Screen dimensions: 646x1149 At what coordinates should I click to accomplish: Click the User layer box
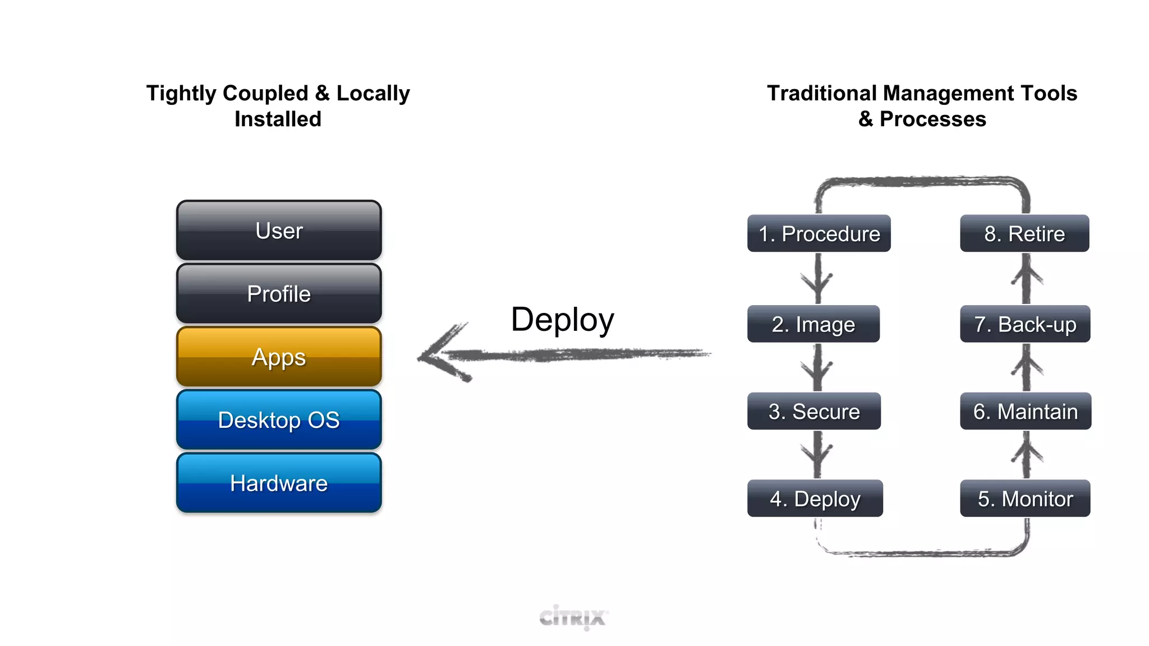(279, 230)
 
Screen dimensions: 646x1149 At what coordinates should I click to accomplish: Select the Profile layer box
(279, 294)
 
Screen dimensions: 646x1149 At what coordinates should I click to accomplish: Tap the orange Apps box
(279, 357)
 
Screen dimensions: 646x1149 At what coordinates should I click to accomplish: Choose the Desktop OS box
(279, 420)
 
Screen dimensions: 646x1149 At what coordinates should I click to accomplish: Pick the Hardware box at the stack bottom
(279, 483)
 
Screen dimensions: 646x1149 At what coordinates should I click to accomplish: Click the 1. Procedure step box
(819, 233)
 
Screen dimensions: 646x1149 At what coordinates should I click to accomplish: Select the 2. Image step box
(813, 324)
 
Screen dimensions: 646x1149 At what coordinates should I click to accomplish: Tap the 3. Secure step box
(814, 411)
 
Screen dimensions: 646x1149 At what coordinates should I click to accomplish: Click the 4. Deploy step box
(815, 498)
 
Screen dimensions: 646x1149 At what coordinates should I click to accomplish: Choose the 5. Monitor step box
(1024, 498)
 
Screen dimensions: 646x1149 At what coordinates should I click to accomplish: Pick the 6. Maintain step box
(1025, 411)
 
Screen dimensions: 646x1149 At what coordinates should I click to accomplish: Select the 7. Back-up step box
(1024, 324)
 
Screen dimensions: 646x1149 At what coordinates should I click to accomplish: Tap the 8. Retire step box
(1024, 233)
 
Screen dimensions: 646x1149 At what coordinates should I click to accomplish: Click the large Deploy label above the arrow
(562, 320)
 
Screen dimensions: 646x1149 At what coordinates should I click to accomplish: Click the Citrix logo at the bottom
(573, 617)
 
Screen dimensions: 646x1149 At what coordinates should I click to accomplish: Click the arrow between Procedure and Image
(817, 279)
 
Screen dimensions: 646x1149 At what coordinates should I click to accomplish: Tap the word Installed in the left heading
(278, 119)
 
